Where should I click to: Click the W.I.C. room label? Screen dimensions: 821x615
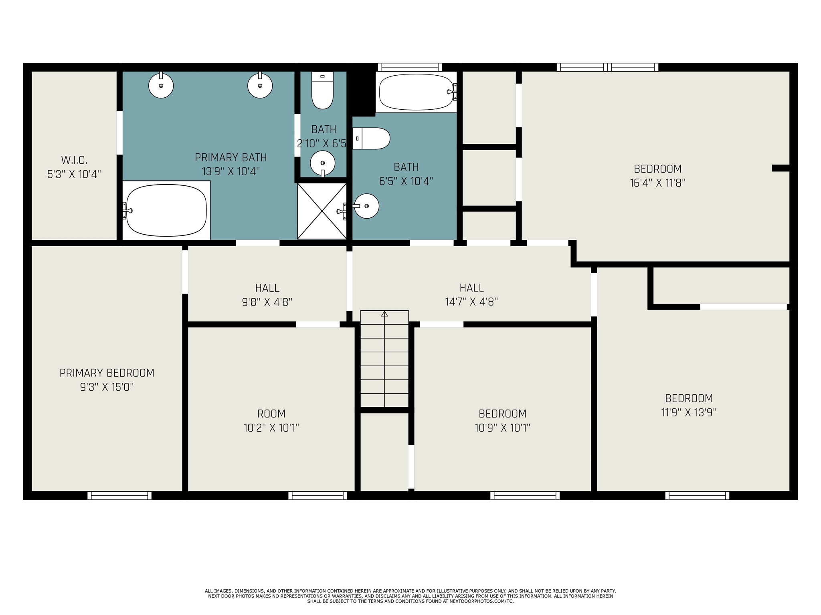(x=74, y=160)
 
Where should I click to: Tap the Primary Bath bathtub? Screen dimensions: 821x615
(x=166, y=210)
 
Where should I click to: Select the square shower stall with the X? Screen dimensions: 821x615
(x=322, y=211)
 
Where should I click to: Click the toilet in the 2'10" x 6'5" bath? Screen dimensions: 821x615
(x=323, y=90)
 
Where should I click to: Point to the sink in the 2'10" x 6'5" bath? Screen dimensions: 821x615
(x=323, y=163)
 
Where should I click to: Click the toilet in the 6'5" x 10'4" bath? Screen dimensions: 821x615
(x=371, y=139)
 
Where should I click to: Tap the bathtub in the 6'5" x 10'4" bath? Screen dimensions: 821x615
(x=417, y=92)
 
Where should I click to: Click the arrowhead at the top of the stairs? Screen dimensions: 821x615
(x=384, y=314)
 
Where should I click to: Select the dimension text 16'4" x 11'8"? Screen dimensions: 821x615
(x=657, y=183)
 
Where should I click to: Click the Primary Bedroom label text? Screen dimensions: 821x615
(x=107, y=373)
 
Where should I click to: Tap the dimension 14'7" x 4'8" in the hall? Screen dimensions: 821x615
(x=471, y=302)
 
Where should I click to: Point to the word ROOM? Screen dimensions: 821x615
(x=271, y=414)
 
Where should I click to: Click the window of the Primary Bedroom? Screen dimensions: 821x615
(x=119, y=496)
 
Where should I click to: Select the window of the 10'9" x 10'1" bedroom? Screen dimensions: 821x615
(x=525, y=496)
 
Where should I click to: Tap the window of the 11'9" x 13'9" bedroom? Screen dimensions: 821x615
(x=697, y=496)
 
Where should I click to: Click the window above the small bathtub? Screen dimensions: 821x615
(x=410, y=67)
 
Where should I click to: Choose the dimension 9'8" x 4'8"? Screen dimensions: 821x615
(x=267, y=302)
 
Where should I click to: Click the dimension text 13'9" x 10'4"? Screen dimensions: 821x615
(x=231, y=171)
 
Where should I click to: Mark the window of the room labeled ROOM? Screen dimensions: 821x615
(x=317, y=496)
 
